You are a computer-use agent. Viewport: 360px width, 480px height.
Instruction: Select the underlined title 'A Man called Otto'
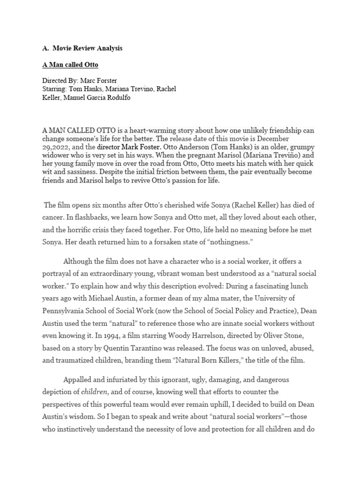click(70, 64)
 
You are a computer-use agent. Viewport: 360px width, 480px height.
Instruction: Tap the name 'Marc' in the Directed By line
click(89, 81)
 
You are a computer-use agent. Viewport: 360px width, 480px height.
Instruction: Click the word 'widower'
click(58, 155)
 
